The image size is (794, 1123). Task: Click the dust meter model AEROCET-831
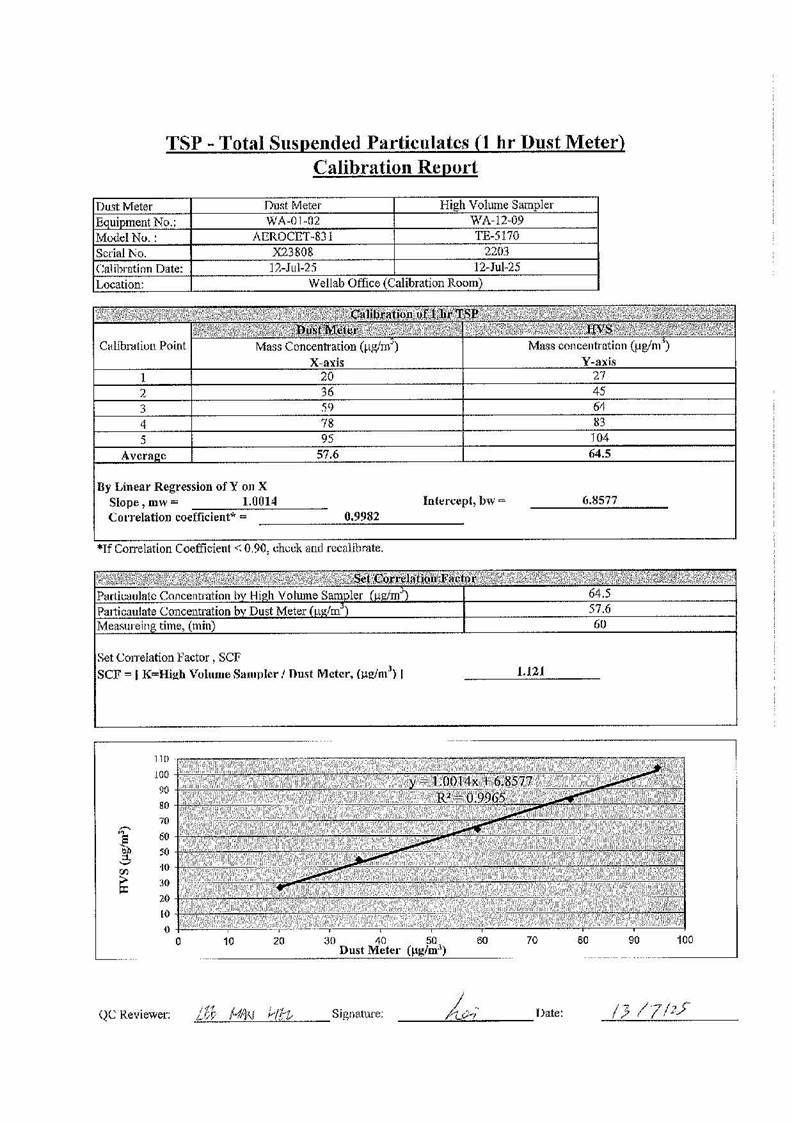click(x=293, y=237)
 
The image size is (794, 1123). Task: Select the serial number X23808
click(x=293, y=254)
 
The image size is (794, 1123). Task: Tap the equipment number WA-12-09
click(x=497, y=221)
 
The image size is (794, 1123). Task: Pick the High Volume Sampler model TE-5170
click(x=497, y=237)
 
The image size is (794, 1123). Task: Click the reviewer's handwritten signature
click(x=464, y=1014)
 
